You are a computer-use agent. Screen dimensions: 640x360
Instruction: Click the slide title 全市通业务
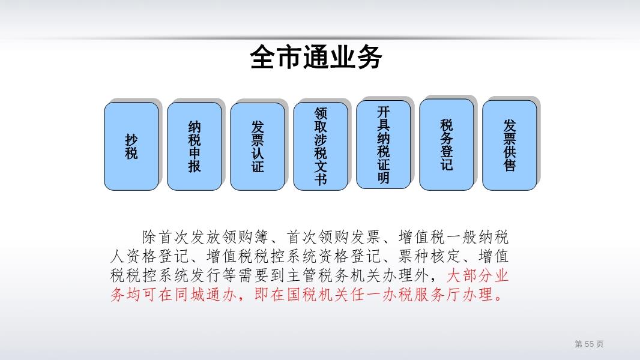tap(316, 57)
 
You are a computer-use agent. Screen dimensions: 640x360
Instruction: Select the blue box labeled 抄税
tap(131, 146)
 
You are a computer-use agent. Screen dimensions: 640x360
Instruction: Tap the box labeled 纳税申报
tap(195, 146)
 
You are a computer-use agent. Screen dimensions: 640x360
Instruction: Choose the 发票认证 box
tap(258, 146)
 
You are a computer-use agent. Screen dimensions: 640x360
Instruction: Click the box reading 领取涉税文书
tap(321, 146)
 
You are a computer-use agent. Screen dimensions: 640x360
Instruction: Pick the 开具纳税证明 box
tap(383, 145)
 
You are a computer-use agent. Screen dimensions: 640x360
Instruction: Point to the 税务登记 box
tap(447, 145)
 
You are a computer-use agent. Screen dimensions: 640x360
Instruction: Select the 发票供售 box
tap(509, 145)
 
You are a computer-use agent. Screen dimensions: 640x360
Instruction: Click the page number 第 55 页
tap(589, 344)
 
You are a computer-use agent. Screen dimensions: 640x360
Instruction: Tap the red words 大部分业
tap(477, 275)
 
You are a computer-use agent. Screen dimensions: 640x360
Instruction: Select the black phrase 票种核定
tap(429, 256)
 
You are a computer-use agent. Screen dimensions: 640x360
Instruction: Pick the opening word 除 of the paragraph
tap(149, 237)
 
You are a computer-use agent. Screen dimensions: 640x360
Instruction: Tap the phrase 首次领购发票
tap(334, 237)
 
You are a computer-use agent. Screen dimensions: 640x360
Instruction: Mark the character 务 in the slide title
tap(369, 57)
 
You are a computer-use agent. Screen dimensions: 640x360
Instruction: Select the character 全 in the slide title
tap(263, 57)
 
